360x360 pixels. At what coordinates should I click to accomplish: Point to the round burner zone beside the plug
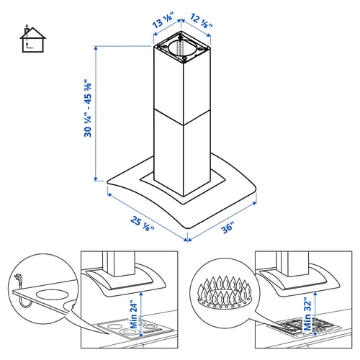pos(50,296)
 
